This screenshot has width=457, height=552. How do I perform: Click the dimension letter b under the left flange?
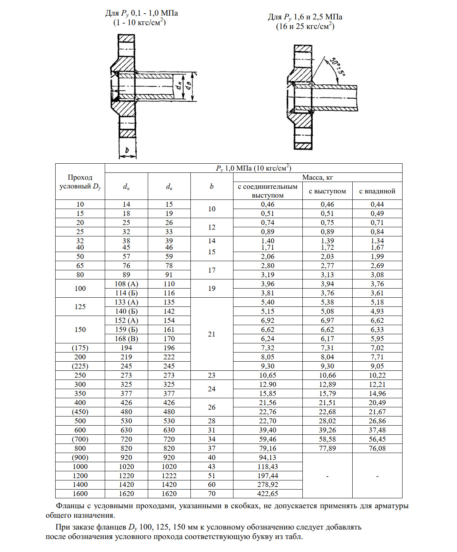pos(127,151)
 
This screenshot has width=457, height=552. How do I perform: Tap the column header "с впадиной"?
pos(377,191)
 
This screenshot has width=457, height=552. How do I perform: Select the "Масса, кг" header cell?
pos(318,177)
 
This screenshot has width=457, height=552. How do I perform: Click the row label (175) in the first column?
pos(80,348)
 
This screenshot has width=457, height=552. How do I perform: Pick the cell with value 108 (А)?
pos(126,284)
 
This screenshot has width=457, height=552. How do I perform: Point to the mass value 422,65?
pos(268,494)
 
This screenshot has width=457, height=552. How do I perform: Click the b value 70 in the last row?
pos(212,494)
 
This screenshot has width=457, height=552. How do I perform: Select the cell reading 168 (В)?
pos(126,339)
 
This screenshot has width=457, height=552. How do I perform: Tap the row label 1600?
pos(80,494)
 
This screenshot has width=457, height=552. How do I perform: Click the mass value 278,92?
pos(268,485)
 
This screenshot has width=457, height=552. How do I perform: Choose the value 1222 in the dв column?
pos(169,476)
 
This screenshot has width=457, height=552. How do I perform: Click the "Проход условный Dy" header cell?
pos(80,182)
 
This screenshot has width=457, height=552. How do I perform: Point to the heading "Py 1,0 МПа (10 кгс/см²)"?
pos(253,168)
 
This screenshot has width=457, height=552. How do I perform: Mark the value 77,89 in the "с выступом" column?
pos(328,448)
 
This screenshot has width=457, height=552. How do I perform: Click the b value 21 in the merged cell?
pos(212,334)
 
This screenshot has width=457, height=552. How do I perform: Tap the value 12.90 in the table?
pos(268,384)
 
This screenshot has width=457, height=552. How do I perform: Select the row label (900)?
pos(80,458)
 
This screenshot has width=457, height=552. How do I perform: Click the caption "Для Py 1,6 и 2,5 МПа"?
pos(305,17)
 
